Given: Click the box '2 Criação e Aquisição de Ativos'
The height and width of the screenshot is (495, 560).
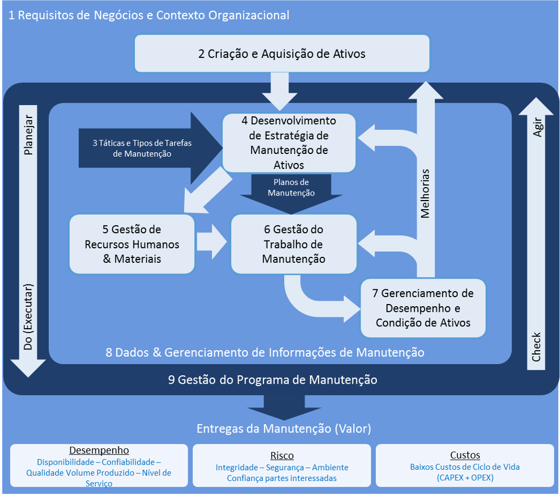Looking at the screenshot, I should click(x=281, y=54).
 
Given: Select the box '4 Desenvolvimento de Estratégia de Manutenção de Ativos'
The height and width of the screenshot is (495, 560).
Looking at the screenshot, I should click(x=289, y=143).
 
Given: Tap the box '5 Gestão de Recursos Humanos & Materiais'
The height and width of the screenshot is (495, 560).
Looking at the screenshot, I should click(x=132, y=244).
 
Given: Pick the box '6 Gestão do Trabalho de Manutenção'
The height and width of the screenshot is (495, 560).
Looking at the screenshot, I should click(x=294, y=244).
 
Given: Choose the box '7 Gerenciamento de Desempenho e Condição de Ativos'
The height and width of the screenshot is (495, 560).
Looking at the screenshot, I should click(x=422, y=308).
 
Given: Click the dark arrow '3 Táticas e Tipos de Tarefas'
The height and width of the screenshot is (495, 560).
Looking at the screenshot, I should click(x=142, y=148).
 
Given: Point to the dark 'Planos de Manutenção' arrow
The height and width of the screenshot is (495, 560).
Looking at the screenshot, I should click(x=291, y=188).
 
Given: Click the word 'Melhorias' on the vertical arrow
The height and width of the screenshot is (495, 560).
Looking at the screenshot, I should click(x=425, y=193).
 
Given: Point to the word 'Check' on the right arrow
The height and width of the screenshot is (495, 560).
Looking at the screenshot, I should click(x=537, y=347).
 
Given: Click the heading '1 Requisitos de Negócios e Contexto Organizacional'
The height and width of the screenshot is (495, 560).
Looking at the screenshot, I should click(x=149, y=15).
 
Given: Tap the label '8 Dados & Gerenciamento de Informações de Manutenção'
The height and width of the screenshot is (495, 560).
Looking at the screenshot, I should click(x=265, y=352).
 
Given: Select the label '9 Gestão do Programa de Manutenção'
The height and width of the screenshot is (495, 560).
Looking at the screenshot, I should click(x=272, y=380).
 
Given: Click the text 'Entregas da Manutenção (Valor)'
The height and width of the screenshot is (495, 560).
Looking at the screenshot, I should click(x=284, y=429).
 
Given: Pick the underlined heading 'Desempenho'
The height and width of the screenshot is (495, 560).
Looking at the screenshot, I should click(x=99, y=450).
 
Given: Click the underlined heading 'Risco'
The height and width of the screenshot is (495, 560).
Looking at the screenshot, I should click(x=282, y=456).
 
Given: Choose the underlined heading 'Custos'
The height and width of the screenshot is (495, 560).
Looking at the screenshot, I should click(x=465, y=455).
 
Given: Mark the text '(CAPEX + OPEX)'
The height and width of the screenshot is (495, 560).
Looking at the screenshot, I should click(x=465, y=478).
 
